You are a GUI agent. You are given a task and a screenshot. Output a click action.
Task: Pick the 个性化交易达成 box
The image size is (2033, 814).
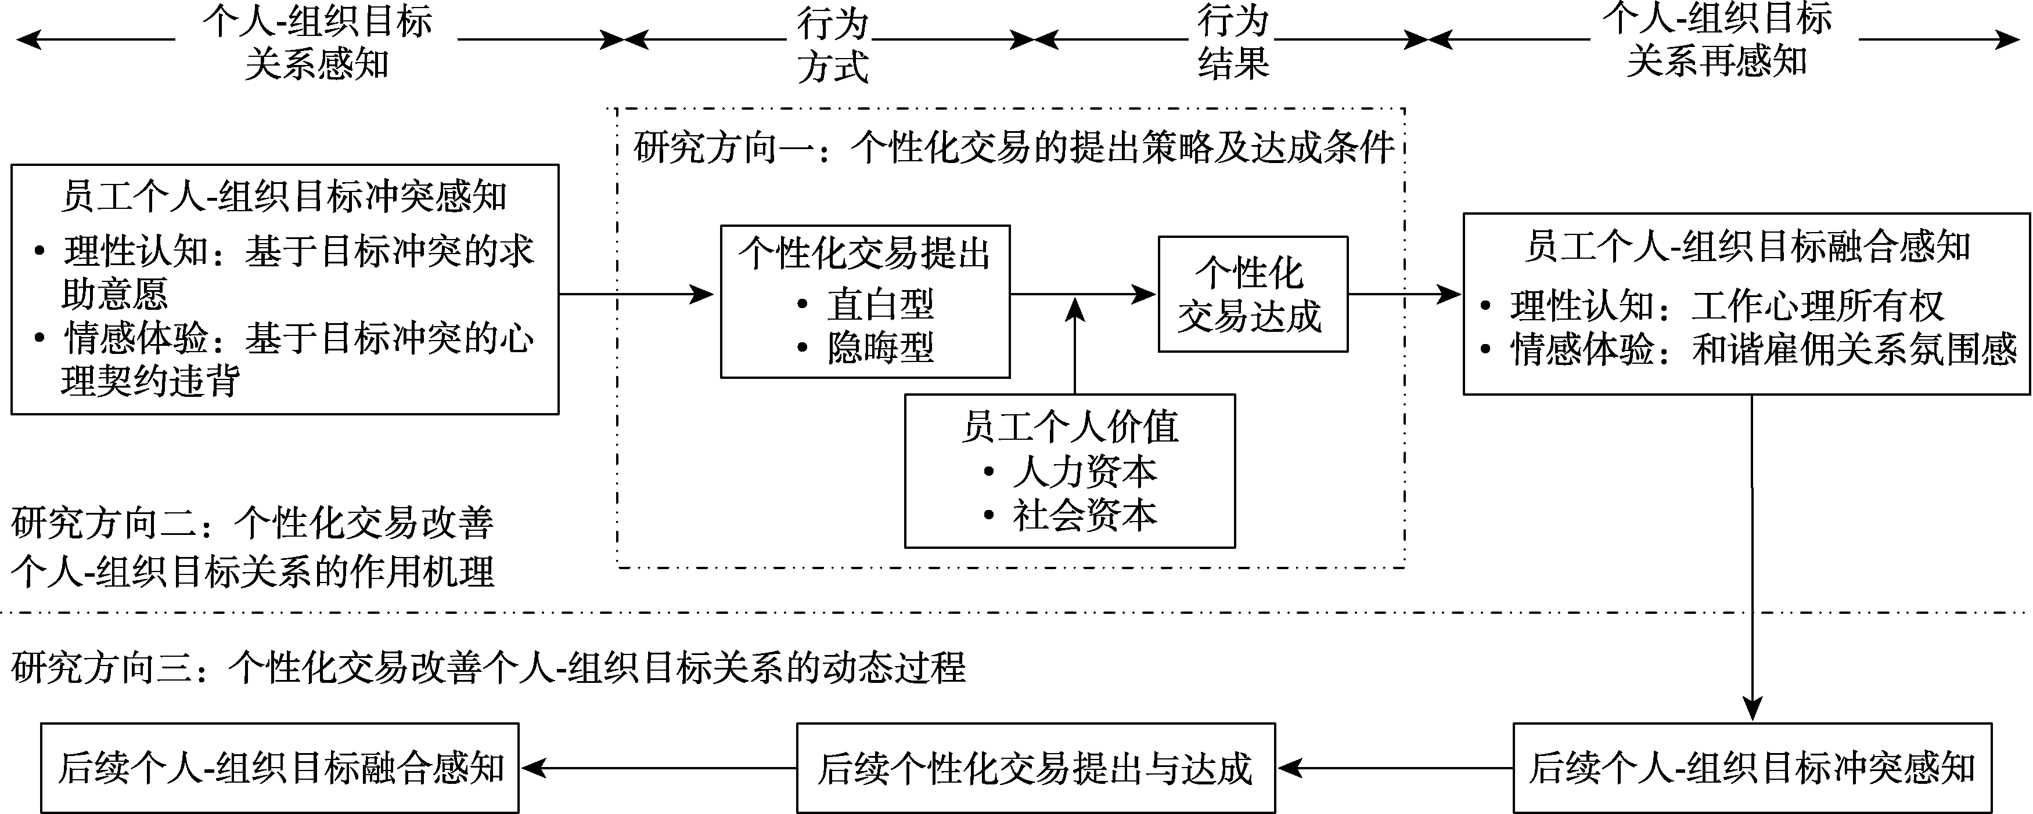1253,294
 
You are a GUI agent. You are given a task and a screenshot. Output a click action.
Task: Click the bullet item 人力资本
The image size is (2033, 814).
1084,472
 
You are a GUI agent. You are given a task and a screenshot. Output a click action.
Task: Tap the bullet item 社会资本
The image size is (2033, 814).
1084,515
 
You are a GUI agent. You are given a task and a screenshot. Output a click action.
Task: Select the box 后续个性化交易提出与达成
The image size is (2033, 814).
1035,768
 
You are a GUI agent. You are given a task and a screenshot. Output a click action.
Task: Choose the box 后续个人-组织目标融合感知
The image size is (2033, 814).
280,768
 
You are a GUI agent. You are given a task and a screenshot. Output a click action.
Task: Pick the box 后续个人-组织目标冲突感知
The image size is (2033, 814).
1752,768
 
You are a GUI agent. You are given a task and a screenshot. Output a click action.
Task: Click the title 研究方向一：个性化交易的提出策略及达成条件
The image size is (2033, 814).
1013,147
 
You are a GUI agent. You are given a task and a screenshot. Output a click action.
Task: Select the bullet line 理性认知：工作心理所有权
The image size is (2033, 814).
1726,306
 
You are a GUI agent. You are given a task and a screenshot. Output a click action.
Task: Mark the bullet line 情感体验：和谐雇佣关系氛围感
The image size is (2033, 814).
1763,349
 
